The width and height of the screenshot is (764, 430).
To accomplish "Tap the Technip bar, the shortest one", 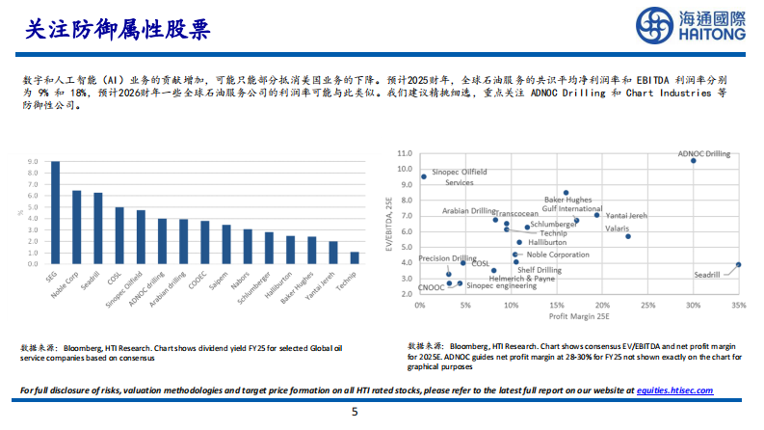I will pyautogui.click(x=354, y=257).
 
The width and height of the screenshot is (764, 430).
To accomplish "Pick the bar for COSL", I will pyautogui.click(x=119, y=235).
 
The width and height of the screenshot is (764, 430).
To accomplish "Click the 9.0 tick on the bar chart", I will pyautogui.click(x=33, y=162).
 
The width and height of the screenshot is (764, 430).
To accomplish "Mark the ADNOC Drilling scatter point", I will pyautogui.click(x=693, y=160).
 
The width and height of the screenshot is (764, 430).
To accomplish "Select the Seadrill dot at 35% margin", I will pyautogui.click(x=738, y=264).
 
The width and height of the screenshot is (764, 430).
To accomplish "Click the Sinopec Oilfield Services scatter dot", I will pyautogui.click(x=423, y=176).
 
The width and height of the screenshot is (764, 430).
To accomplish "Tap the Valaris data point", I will pyautogui.click(x=628, y=236).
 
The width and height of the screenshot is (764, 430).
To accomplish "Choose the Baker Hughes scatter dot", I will pyautogui.click(x=566, y=193).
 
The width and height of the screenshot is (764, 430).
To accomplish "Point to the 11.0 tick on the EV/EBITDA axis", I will pyautogui.click(x=404, y=153).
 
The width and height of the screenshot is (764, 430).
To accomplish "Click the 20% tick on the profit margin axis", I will pyautogui.click(x=601, y=305).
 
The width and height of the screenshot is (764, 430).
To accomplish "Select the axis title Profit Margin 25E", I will pyautogui.click(x=578, y=316).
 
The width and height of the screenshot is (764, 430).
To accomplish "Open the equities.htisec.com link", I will pyautogui.click(x=674, y=390).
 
